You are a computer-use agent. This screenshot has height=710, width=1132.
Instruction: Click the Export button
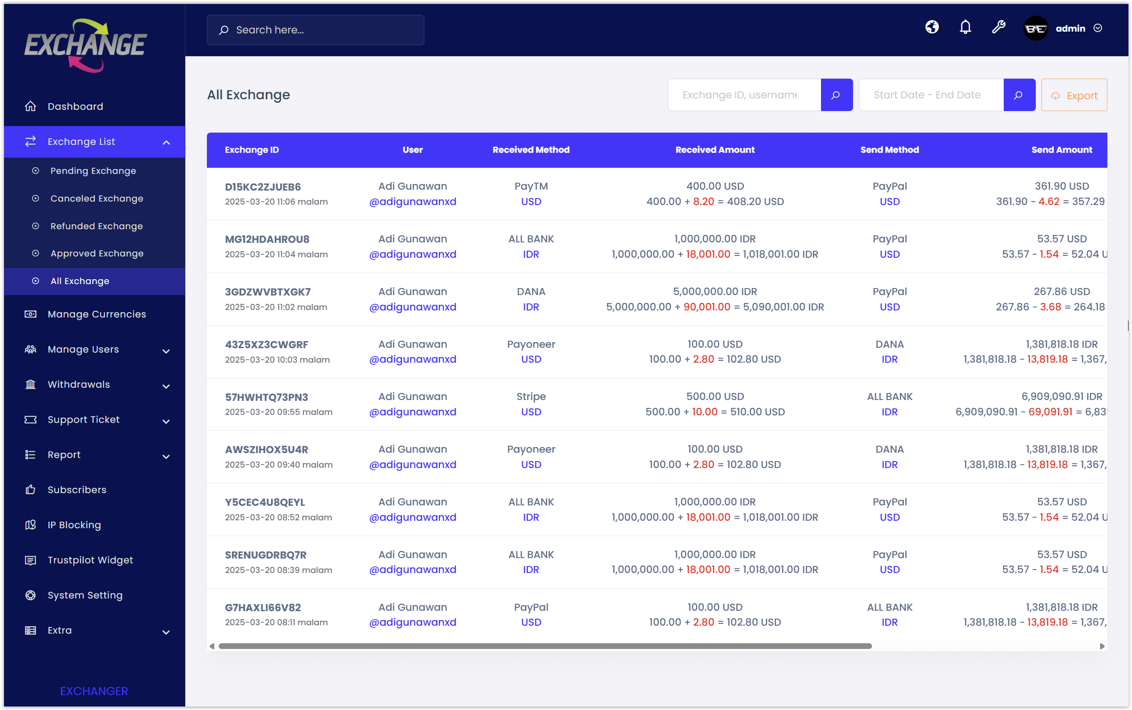click(1074, 95)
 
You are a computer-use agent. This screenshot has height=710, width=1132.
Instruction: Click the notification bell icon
click(965, 28)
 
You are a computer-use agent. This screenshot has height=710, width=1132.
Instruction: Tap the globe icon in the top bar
click(932, 27)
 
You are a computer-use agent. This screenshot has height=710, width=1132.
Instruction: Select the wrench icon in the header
click(998, 28)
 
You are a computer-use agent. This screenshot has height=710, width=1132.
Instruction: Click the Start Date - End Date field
click(930, 95)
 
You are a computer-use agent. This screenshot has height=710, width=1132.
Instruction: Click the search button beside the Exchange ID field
click(836, 95)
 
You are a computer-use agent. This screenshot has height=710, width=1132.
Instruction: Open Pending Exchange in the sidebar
click(93, 171)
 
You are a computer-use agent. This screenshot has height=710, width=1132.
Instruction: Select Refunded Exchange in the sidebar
click(96, 226)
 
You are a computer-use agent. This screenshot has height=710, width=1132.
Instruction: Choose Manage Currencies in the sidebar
click(97, 314)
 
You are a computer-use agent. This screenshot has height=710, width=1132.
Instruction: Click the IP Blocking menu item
click(74, 525)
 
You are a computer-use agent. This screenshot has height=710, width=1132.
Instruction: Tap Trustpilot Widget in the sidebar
click(90, 560)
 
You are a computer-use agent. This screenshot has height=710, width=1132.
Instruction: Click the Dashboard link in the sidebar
click(75, 107)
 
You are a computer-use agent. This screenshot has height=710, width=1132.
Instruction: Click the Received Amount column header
click(714, 150)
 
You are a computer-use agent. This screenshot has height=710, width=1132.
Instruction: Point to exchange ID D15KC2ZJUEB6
click(263, 187)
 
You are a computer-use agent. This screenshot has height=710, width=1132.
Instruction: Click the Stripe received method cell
click(531, 397)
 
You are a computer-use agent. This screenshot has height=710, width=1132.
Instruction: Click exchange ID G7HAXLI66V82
click(263, 608)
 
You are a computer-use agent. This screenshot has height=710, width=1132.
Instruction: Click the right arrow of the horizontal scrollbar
click(1101, 646)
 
